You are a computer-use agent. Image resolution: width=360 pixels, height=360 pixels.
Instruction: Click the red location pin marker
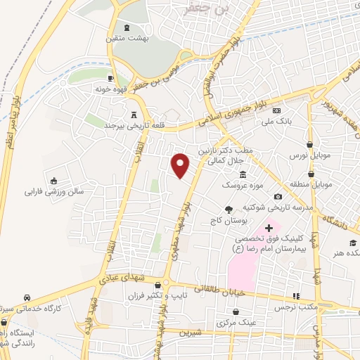pyautogui.click(x=181, y=165)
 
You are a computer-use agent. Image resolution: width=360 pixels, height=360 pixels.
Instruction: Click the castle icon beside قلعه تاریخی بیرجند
pyautogui.click(x=133, y=114)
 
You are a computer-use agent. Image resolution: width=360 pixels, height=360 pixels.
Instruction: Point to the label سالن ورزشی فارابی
pyautogui.click(x=54, y=191)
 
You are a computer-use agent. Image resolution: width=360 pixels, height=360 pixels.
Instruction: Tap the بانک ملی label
pyautogui.click(x=276, y=122)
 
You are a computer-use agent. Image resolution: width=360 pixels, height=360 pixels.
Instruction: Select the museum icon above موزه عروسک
pyautogui.click(x=243, y=174)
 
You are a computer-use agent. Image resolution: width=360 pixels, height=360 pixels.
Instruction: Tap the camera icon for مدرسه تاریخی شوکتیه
pyautogui.click(x=278, y=196)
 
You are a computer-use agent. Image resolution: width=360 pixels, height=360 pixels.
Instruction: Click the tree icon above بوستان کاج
pyautogui.click(x=228, y=209)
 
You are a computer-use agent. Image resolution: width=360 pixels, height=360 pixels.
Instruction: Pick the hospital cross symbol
pyautogui.click(x=268, y=228)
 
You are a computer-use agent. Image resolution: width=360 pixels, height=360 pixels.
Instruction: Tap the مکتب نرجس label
pyautogui.click(x=297, y=307)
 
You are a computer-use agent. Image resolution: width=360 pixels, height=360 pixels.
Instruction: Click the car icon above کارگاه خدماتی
pyautogui.click(x=26, y=297)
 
